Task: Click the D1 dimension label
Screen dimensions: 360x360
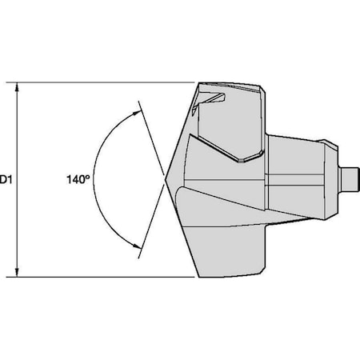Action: (x=5, y=181)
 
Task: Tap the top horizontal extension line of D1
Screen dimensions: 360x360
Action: (x=104, y=82)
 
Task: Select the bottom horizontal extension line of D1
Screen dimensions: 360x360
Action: (x=104, y=278)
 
